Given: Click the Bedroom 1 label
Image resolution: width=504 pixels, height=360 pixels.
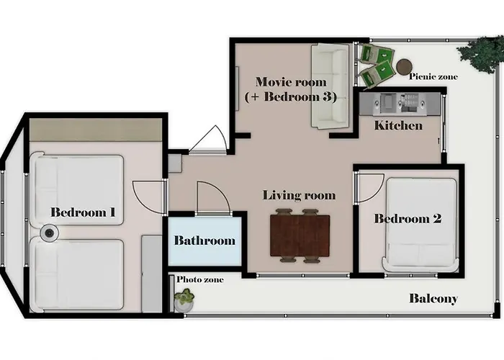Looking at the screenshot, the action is (x=83, y=212).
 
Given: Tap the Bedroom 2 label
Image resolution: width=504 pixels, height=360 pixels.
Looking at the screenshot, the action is (x=408, y=219).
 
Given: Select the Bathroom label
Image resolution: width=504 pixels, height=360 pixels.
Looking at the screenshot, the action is (x=204, y=240).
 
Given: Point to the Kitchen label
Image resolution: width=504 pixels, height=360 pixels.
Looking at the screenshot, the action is (x=398, y=125).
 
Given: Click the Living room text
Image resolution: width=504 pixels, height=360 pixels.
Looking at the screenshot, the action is (x=299, y=195).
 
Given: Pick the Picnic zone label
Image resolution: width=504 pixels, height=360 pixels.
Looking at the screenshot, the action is (x=433, y=76).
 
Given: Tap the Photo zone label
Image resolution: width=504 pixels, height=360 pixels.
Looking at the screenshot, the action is (x=200, y=279).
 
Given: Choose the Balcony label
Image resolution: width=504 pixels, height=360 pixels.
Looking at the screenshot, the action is (x=433, y=299).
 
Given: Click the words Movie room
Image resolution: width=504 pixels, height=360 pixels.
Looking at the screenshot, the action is (x=291, y=81).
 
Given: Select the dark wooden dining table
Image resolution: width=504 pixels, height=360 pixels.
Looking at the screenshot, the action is (x=300, y=235).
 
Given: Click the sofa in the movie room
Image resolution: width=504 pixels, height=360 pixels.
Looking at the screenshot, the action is (x=330, y=86).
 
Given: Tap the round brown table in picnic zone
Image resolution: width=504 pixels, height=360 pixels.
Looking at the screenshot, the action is (x=404, y=67).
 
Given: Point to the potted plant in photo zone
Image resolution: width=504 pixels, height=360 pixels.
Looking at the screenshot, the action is (x=184, y=300).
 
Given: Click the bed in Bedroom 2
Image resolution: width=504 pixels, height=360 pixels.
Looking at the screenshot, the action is (x=420, y=225).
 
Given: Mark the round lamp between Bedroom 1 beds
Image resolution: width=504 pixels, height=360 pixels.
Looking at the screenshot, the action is (x=49, y=233).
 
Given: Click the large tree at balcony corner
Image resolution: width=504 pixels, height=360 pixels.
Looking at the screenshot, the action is (x=481, y=53).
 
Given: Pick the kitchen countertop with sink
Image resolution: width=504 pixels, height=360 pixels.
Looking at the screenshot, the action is (x=400, y=104).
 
